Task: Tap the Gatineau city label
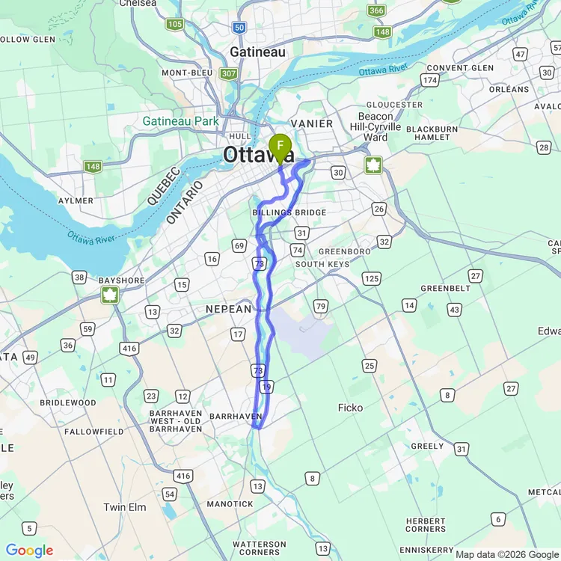click(257, 52)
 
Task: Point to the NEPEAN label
click(230, 309)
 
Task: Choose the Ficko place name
click(350, 408)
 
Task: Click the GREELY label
click(427, 446)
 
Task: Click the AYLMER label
click(76, 200)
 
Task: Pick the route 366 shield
click(376, 10)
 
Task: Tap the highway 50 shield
click(239, 27)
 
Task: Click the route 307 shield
click(228, 73)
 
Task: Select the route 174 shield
click(429, 79)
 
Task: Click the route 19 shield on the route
click(267, 387)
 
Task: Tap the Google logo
click(30, 551)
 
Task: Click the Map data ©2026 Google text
click(506, 554)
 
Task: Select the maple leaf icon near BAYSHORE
click(110, 295)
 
